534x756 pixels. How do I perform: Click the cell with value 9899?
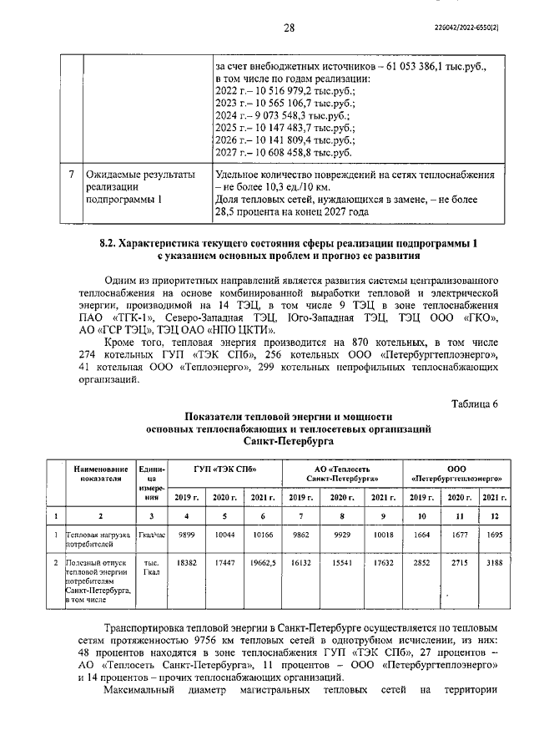pos(191,535)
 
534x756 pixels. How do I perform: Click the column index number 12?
pos(491,515)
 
